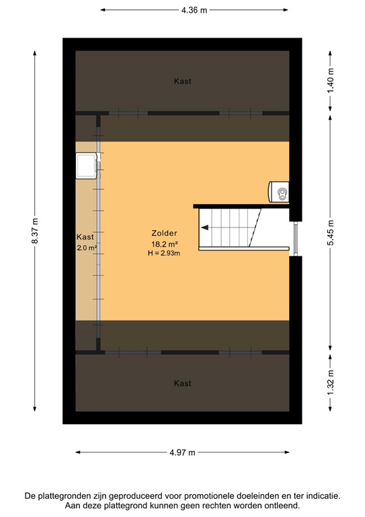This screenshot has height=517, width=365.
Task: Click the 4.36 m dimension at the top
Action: tap(194, 10)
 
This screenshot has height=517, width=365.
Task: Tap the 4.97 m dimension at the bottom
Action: tap(182, 453)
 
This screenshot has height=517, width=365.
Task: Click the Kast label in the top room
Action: tap(182, 81)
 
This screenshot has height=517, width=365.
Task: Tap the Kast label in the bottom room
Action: tap(182, 384)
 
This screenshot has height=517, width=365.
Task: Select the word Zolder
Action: tap(164, 234)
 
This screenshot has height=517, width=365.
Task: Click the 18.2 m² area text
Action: tap(164, 244)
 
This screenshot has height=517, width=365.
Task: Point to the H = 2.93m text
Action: tap(164, 253)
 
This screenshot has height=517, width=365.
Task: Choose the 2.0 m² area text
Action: tap(87, 248)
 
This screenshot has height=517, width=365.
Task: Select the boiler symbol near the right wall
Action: tap(279, 193)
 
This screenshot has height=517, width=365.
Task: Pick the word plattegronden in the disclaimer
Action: tap(70, 495)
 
